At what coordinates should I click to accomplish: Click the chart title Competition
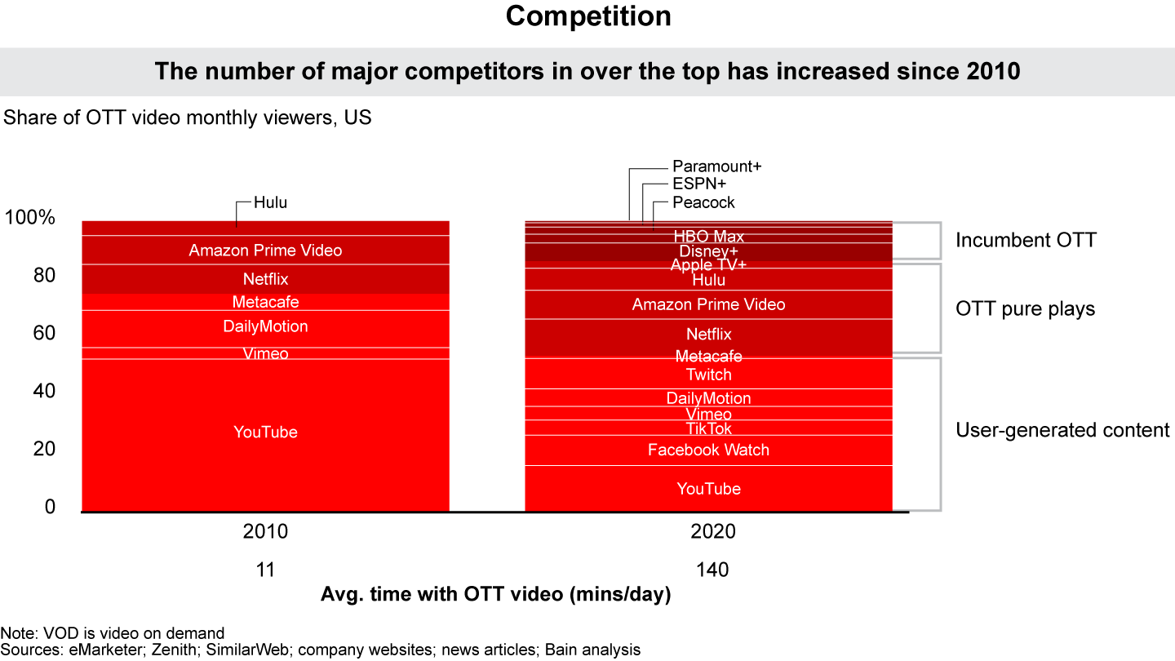pyautogui.click(x=587, y=16)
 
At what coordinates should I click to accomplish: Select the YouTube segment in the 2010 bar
pyautogui.click(x=265, y=432)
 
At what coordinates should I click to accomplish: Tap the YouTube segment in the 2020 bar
pyautogui.click(x=708, y=489)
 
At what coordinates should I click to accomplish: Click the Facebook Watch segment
pyautogui.click(x=708, y=450)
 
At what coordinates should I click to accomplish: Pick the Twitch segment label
pyautogui.click(x=708, y=375)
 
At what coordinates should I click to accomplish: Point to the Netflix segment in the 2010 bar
pyautogui.click(x=265, y=279)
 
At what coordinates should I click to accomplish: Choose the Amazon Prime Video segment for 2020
pyautogui.click(x=708, y=304)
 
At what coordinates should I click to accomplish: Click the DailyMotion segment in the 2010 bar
pyautogui.click(x=265, y=326)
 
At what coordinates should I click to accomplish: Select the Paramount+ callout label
pyautogui.click(x=716, y=166)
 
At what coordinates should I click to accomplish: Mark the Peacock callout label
pyautogui.click(x=703, y=202)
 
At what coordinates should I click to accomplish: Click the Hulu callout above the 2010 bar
pyautogui.click(x=270, y=202)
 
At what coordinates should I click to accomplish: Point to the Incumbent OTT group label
pyautogui.click(x=1026, y=240)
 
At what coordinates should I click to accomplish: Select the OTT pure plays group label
pyautogui.click(x=1025, y=309)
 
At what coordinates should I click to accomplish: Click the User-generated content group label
pyautogui.click(x=1062, y=430)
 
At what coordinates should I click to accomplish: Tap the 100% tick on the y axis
pyautogui.click(x=29, y=218)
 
